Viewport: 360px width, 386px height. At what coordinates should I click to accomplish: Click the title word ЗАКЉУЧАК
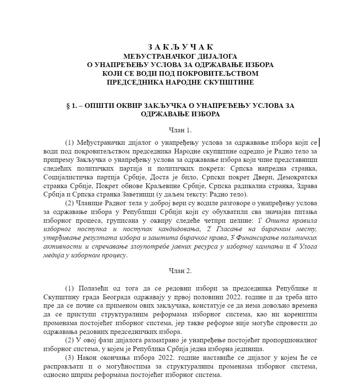click(180, 47)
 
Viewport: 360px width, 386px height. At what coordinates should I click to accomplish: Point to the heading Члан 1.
click(180, 130)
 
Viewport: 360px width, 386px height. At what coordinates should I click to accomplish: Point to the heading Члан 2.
click(180, 271)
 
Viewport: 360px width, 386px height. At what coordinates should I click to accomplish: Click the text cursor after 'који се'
click(319, 142)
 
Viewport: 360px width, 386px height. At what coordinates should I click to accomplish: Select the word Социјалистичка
click(66, 177)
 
